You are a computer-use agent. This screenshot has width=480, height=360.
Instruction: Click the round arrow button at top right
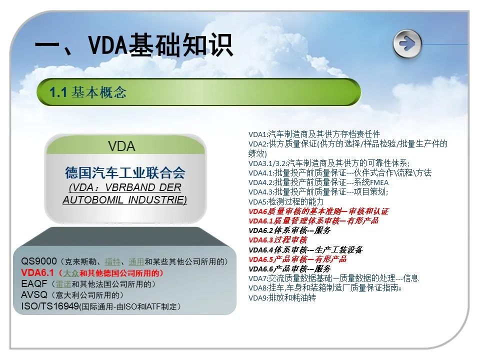click(407, 44)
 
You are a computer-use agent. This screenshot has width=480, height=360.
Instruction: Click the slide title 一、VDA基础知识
click(134, 45)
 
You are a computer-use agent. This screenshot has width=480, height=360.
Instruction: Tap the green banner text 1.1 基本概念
click(88, 92)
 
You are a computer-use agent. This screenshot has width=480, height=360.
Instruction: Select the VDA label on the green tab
click(121, 146)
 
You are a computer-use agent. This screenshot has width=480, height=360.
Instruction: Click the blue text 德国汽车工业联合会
click(125, 172)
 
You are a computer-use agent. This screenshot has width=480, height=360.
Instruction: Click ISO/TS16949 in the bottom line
click(50, 306)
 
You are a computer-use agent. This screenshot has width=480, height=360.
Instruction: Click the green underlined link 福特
click(112, 261)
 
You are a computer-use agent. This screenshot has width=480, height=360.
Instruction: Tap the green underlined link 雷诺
click(63, 284)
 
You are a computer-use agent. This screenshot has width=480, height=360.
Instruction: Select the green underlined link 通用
click(136, 261)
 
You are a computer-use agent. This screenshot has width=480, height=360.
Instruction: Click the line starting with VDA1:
click(314, 134)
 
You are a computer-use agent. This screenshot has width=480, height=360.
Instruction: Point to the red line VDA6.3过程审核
click(278, 239)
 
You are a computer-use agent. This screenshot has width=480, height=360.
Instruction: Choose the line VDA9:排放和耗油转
click(282, 297)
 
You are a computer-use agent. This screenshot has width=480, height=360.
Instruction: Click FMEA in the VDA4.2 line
click(379, 183)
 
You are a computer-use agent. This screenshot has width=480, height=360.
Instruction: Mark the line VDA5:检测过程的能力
click(286, 201)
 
